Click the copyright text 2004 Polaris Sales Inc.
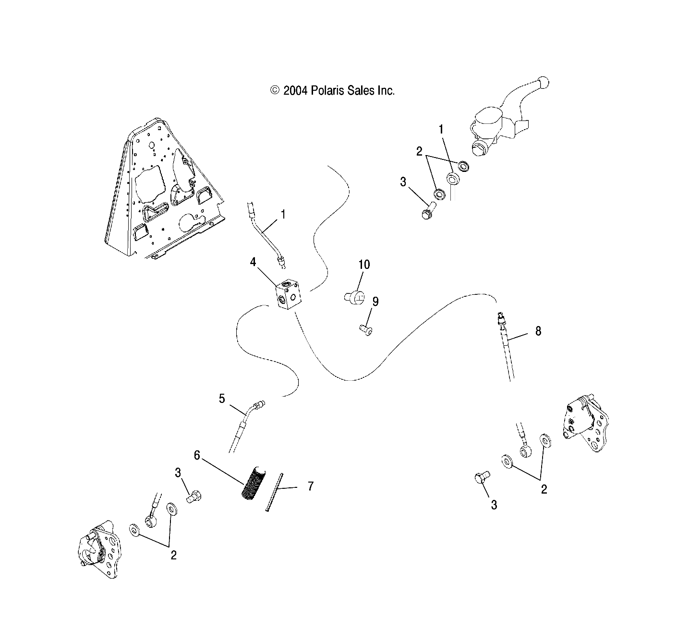click(x=333, y=90)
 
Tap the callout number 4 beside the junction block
click(x=253, y=262)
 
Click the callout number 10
click(x=364, y=265)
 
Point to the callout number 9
click(x=375, y=302)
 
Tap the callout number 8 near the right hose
click(x=538, y=331)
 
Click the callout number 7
click(x=311, y=486)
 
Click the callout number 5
click(x=222, y=399)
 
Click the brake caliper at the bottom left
click(x=99, y=550)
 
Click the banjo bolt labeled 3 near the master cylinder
click(x=427, y=212)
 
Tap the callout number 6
click(x=197, y=455)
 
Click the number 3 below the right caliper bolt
click(x=494, y=505)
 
